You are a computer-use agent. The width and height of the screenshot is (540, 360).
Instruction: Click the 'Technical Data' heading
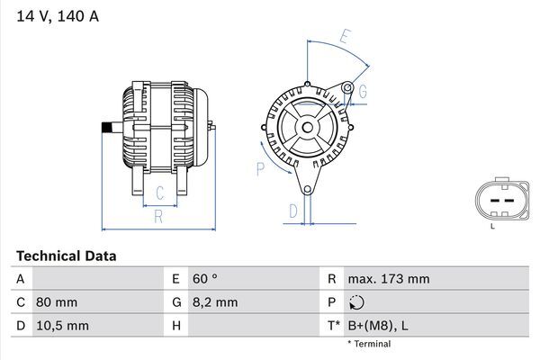[66, 256]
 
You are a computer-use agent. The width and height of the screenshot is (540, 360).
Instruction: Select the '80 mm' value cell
[57, 302]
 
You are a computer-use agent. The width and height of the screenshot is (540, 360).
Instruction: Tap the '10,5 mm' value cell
[62, 325]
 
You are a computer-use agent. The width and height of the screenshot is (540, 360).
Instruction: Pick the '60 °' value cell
[205, 280]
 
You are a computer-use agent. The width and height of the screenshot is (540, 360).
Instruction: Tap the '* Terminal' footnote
[369, 344]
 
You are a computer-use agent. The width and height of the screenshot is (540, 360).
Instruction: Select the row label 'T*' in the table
[333, 325]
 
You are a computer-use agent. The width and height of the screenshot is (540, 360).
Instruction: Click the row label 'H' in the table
[176, 325]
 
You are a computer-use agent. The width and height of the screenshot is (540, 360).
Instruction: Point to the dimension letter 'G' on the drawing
[363, 92]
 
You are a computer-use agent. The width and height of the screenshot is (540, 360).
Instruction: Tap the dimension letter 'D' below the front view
[292, 211]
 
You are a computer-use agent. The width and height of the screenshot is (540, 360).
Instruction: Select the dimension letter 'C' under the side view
[159, 192]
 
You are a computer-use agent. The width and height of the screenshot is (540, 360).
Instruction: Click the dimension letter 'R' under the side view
[157, 216]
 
